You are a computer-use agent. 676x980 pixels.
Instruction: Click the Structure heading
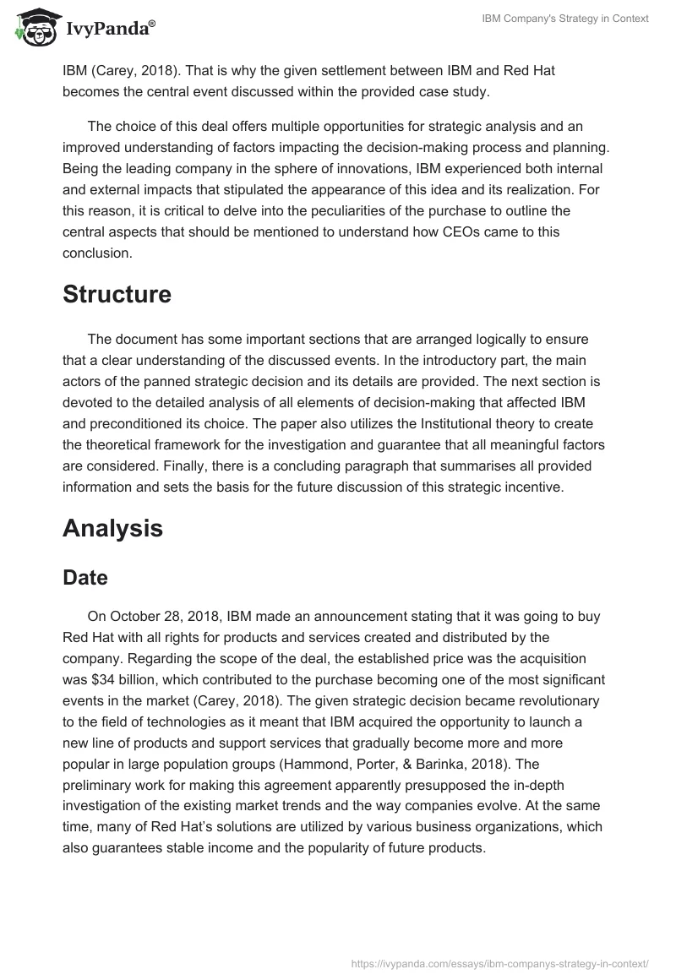[x=117, y=294]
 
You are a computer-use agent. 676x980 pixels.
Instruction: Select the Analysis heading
[x=112, y=528]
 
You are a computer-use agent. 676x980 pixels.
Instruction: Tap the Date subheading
[x=85, y=578]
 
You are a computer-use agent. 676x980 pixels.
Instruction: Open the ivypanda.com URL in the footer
[x=499, y=962]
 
